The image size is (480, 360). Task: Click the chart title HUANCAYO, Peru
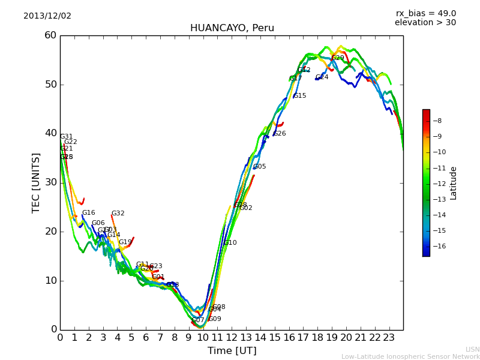(x=232, y=28)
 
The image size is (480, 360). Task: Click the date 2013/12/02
(x=47, y=16)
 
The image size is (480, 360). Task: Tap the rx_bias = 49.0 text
(x=425, y=13)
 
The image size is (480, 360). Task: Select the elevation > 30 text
(x=425, y=23)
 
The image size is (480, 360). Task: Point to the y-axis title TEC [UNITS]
(x=36, y=182)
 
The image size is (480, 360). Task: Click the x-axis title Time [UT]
(x=232, y=351)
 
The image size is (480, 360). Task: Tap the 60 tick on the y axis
(x=50, y=35)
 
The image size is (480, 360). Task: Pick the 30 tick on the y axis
(x=50, y=182)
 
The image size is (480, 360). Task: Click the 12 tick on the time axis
(x=232, y=338)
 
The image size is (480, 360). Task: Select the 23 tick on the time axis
(x=389, y=338)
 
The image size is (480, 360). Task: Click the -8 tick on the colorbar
(x=438, y=121)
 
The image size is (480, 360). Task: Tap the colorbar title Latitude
(x=454, y=182)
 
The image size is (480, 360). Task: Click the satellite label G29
(x=338, y=58)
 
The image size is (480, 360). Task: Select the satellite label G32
(x=118, y=214)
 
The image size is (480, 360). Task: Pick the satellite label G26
(x=280, y=134)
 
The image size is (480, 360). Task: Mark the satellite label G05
(x=260, y=167)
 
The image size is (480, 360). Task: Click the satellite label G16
(x=89, y=213)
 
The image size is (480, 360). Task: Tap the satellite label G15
(x=300, y=96)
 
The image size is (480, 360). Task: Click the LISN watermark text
(x=472, y=349)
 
